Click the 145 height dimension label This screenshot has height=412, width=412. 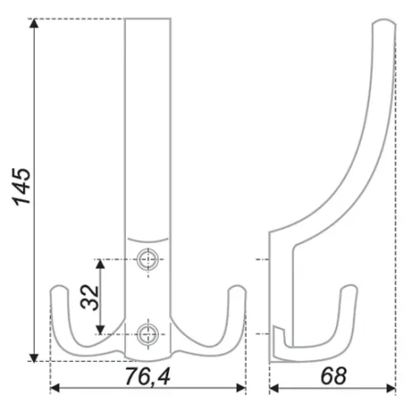coord(22,186)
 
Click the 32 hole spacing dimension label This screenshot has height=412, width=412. coord(90,298)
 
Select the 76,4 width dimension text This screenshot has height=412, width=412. coord(148,376)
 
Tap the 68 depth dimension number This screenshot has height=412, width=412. coord(333,375)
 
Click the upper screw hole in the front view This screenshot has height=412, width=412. coord(148,259)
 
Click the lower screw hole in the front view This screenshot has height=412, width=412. coord(148,334)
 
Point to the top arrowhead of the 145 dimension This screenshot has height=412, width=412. coord(34,23)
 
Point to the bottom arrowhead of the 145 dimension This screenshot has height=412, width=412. coord(34,357)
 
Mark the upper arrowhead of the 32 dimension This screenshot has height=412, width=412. coord(100,264)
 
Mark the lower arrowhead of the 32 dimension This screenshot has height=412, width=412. coord(100,330)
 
